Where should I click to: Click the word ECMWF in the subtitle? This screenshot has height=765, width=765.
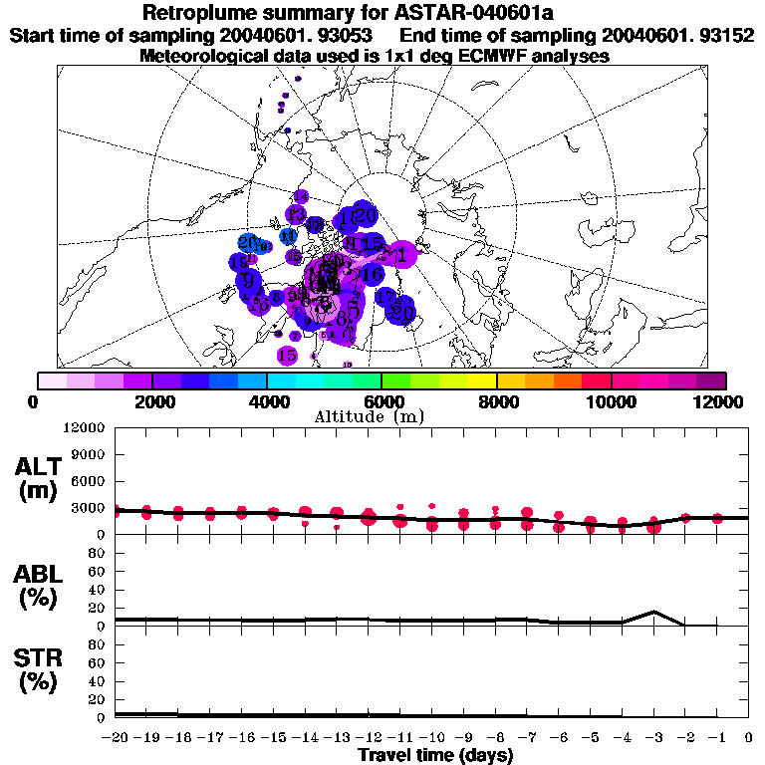point(492,56)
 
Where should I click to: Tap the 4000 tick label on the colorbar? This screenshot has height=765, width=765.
point(267,401)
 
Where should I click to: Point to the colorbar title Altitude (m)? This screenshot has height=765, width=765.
point(382,416)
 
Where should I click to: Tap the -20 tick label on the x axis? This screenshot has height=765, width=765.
point(116,737)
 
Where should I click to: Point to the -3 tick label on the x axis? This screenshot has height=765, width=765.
point(653,737)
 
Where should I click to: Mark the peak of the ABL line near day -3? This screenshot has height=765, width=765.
point(653,612)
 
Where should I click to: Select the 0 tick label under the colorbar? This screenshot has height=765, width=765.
point(35,401)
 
